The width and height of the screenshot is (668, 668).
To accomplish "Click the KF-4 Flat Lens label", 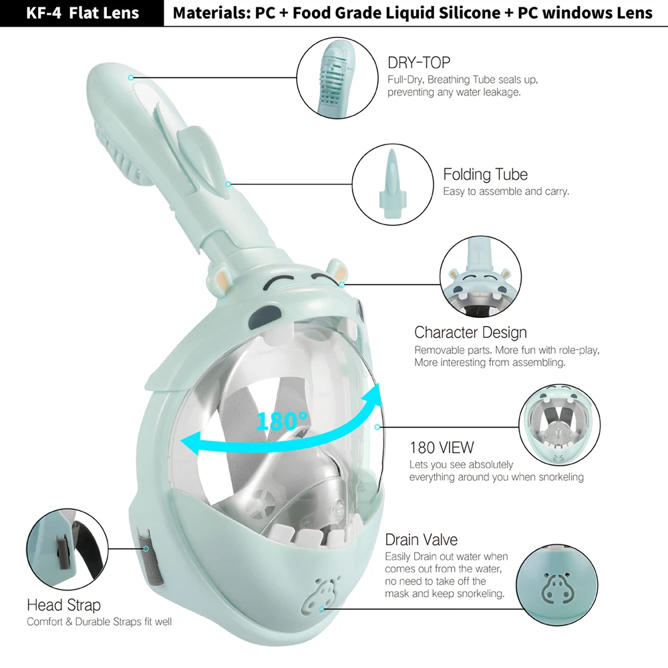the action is click(x=81, y=13).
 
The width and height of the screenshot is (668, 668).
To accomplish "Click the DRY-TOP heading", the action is click(x=419, y=63).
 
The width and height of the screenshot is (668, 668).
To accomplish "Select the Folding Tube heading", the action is click(x=485, y=175).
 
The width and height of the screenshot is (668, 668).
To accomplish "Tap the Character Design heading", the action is click(x=470, y=332).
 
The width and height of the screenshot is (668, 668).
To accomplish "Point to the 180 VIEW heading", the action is click(x=442, y=447).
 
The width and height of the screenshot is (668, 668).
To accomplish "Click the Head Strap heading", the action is click(x=63, y=605).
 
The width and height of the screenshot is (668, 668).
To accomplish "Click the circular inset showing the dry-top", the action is click(x=333, y=74).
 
